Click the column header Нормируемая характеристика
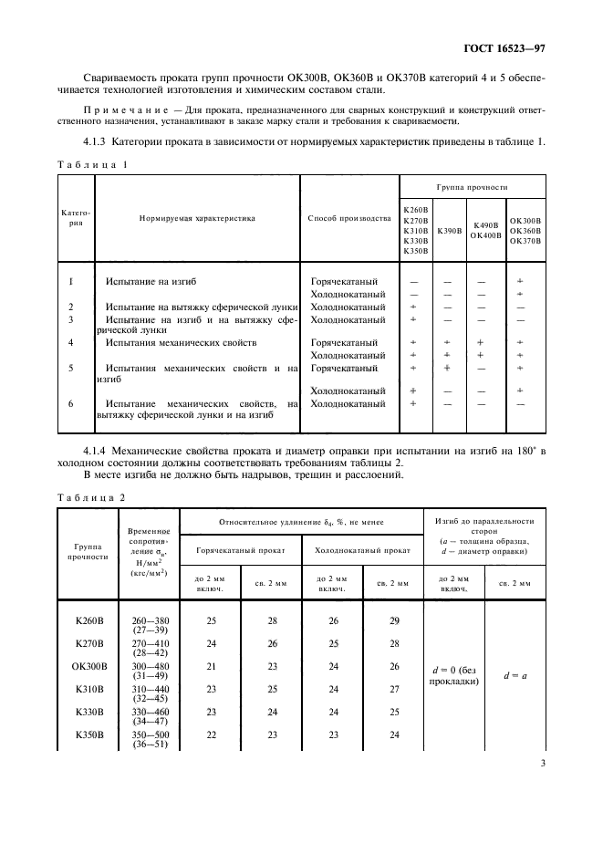[x=197, y=219]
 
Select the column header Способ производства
[x=349, y=219]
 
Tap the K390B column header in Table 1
[x=449, y=231]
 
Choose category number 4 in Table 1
[x=71, y=342]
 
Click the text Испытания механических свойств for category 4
[x=167, y=342]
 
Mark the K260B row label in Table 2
[x=88, y=620]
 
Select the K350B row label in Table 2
[x=88, y=734]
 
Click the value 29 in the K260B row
[x=395, y=620]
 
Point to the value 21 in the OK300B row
[x=211, y=666]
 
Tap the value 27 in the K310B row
[x=395, y=689]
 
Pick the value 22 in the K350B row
[x=211, y=734]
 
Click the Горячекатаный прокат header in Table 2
[x=241, y=551]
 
